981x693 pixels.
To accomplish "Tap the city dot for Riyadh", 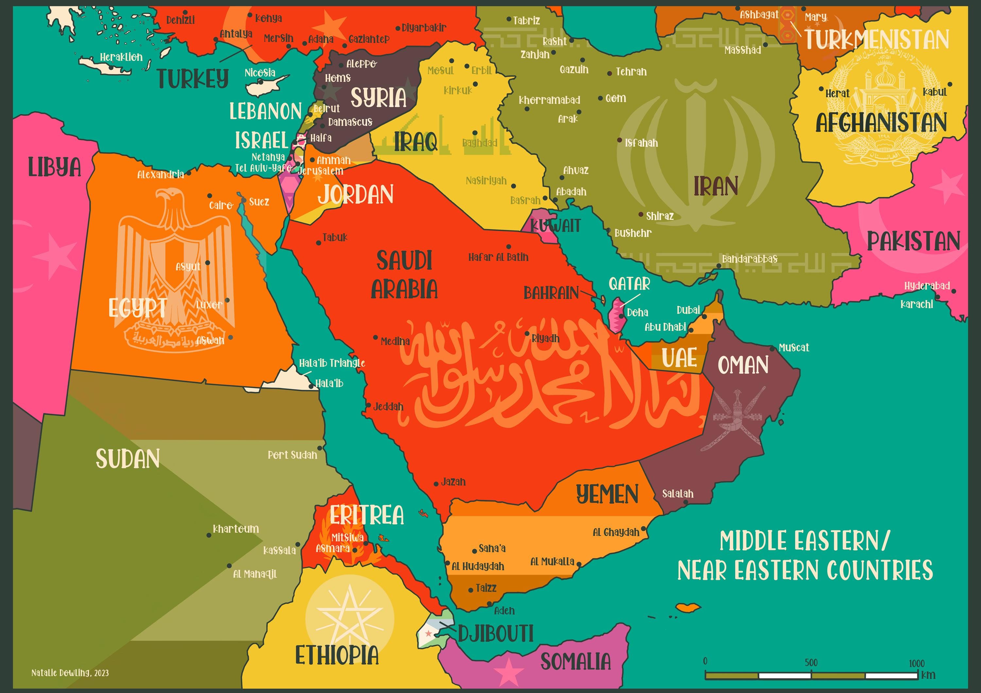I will [x=527, y=334].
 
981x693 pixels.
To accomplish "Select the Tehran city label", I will [x=631, y=72].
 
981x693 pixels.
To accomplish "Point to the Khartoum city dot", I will [x=209, y=535].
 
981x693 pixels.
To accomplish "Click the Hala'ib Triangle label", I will [x=332, y=363].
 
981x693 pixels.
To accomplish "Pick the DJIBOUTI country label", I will [x=496, y=633].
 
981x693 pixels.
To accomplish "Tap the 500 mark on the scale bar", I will [x=811, y=663].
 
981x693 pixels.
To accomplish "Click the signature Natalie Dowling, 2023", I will [x=70, y=673].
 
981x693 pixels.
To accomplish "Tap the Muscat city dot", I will [x=772, y=349].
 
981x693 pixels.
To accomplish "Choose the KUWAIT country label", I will [x=556, y=225].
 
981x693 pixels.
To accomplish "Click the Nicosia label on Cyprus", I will [x=260, y=73].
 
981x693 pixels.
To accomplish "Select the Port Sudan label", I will [x=292, y=455].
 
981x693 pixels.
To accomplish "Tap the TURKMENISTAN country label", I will [x=877, y=39].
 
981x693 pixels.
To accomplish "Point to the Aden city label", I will [x=504, y=611].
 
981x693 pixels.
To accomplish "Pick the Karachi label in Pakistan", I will [x=917, y=304].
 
